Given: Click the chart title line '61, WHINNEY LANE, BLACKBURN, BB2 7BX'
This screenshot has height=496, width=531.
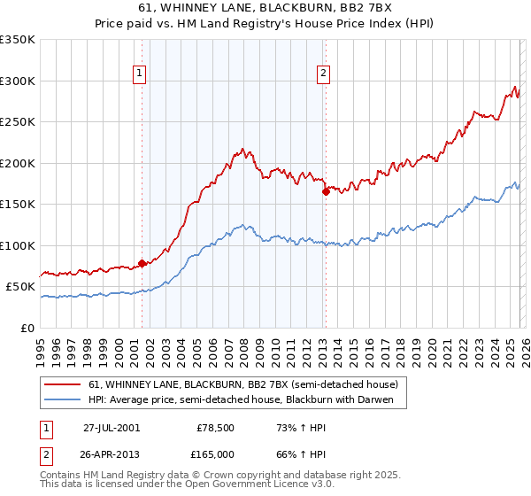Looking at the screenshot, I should click(265, 8).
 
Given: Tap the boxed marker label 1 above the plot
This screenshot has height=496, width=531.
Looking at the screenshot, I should click(141, 74).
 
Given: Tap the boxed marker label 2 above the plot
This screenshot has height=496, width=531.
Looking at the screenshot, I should click(325, 74).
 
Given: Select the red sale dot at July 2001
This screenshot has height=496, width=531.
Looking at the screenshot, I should click(142, 263).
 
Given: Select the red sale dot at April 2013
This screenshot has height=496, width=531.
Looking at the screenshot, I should click(326, 191).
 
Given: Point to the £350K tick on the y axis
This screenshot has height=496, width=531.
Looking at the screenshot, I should click(18, 40).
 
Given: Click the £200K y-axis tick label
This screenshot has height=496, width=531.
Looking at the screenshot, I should click(18, 163).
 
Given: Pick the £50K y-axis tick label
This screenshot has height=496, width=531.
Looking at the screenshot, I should click(20, 287).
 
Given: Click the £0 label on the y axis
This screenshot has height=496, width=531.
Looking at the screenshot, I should click(28, 328).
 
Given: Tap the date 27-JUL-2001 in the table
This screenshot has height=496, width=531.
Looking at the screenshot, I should click(112, 427).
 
